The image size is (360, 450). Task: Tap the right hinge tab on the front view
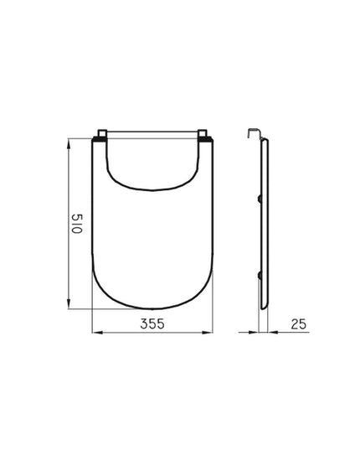(204, 135)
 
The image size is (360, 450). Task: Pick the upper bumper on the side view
(260, 198)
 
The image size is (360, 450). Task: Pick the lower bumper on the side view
(260, 276)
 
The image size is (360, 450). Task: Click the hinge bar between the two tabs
(153, 134)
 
